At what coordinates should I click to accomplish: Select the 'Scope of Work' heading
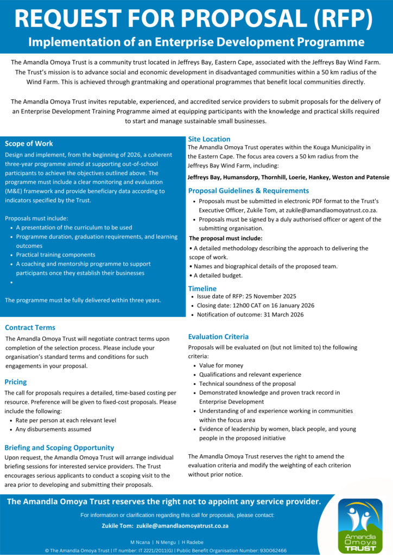(29, 144)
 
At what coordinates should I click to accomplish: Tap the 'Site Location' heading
(209, 139)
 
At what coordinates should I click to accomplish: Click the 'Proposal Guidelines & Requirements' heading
(249, 191)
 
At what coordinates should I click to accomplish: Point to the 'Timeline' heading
(202, 289)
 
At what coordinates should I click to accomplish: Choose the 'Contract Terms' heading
(30, 327)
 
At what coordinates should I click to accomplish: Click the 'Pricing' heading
(15, 382)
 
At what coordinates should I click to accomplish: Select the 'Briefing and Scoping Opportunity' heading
(59, 448)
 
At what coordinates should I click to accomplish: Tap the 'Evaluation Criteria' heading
(218, 337)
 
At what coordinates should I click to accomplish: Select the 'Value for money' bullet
(221, 365)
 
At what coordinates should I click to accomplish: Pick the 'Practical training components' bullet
(55, 255)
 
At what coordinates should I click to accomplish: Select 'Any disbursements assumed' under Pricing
(53, 429)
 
